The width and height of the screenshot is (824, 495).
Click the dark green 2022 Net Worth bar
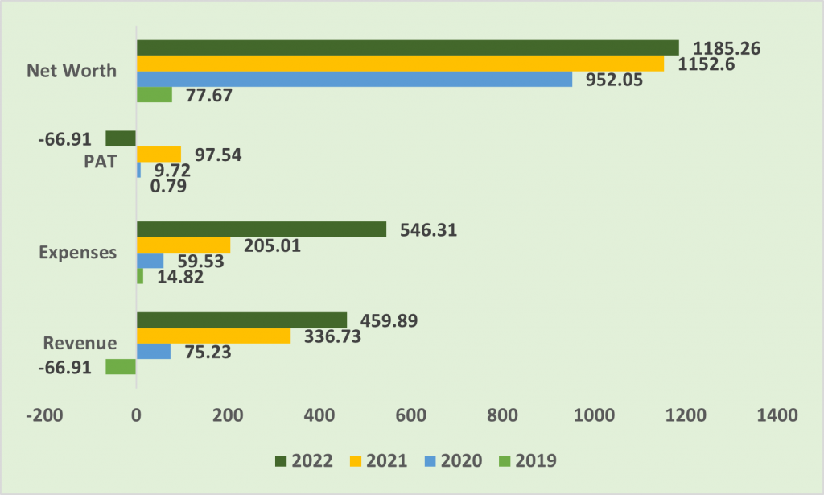[408, 47]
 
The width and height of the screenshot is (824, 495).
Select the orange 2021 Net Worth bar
[401, 64]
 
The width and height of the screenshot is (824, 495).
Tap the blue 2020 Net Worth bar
[355, 80]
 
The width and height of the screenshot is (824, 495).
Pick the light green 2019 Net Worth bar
[154, 95]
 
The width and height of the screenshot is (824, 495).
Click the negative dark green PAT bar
[121, 138]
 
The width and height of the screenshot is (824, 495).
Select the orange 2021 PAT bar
[159, 155]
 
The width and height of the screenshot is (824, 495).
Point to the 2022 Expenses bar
[262, 229]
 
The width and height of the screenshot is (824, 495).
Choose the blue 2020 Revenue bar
[154, 352]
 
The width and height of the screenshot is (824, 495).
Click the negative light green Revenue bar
[121, 367]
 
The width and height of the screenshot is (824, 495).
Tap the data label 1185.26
[727, 48]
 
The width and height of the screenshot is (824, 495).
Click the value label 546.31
[429, 230]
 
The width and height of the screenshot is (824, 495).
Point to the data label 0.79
[168, 186]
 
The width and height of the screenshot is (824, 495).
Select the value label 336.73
[332, 336]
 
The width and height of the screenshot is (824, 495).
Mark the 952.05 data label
[614, 80]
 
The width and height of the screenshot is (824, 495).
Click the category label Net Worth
[72, 70]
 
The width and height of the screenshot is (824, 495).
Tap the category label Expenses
[78, 252]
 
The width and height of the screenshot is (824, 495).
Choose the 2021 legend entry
[379, 461]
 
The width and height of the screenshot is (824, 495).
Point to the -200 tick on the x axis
[45, 415]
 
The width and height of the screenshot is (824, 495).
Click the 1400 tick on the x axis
[777, 415]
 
